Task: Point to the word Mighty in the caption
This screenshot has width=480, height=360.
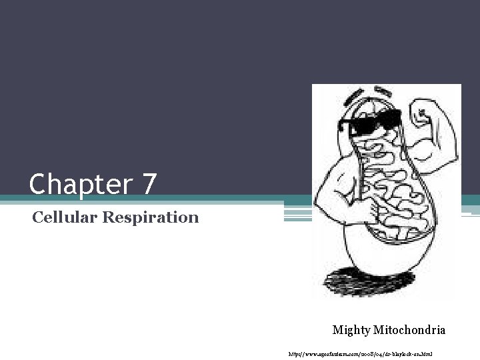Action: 352,329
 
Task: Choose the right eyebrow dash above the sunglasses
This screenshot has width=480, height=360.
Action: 383,89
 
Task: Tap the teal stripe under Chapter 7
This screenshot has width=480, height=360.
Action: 133,199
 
